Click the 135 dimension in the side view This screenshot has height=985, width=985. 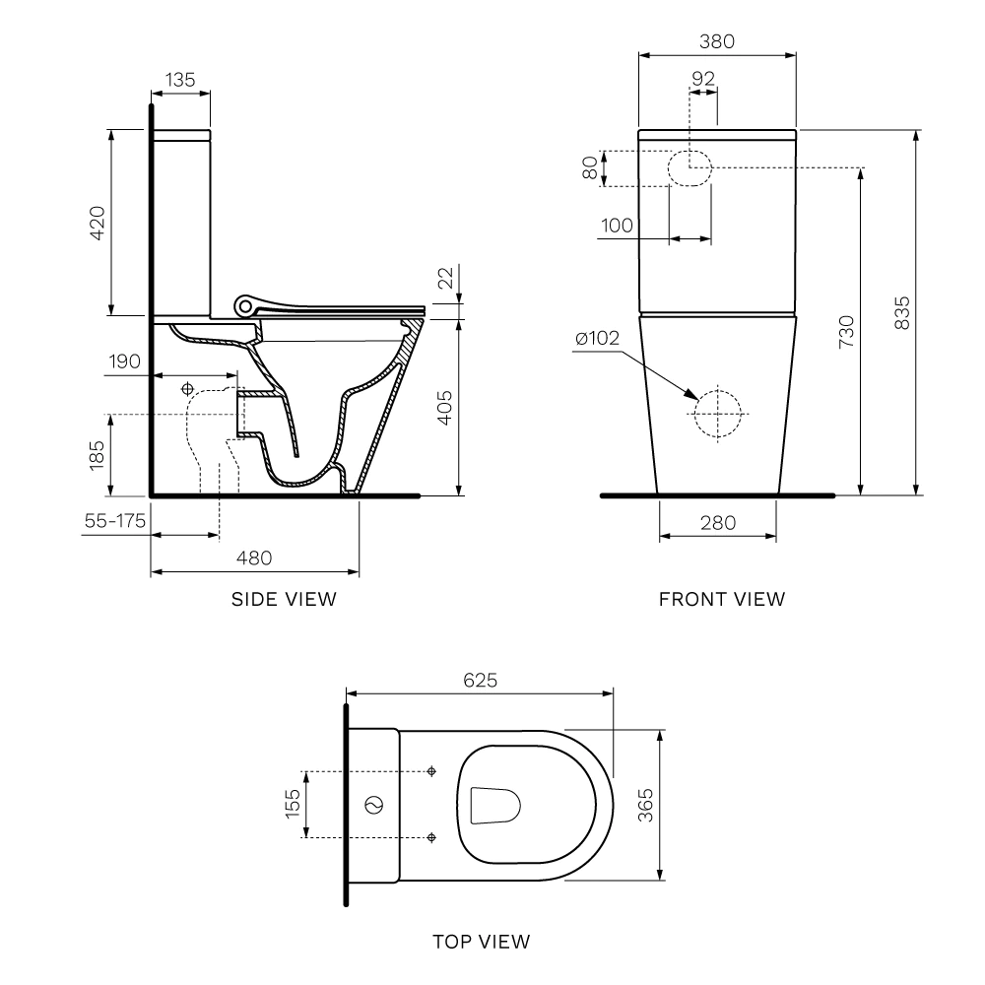pyautogui.click(x=180, y=80)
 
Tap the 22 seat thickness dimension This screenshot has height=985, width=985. pyautogui.click(x=446, y=281)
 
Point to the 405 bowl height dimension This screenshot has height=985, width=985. pyautogui.click(x=444, y=407)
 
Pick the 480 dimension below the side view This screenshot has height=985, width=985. pyautogui.click(x=253, y=558)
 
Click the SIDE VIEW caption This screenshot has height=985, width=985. pyautogui.click(x=284, y=599)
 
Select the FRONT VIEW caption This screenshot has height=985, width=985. pyautogui.click(x=722, y=599)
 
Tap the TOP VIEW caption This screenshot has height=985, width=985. pyautogui.click(x=482, y=942)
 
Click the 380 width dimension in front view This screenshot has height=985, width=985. pyautogui.click(x=717, y=41)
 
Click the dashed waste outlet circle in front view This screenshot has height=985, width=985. pyautogui.click(x=717, y=411)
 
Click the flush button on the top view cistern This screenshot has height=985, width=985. pyautogui.click(x=373, y=805)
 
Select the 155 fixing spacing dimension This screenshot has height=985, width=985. pyautogui.click(x=293, y=804)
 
